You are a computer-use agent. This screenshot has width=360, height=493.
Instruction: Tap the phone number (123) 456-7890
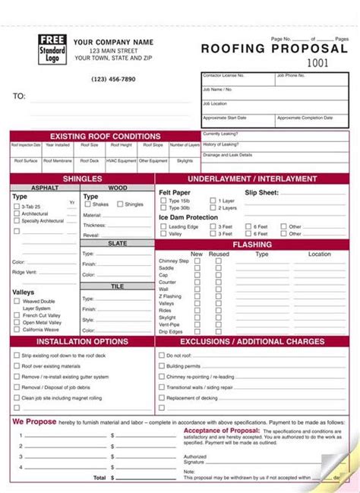click(x=114, y=79)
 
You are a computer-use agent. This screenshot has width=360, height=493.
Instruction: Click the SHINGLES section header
click(x=82, y=179)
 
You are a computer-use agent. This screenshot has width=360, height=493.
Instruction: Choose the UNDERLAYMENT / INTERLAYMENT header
click(x=251, y=179)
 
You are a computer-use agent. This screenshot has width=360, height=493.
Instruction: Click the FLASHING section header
click(x=251, y=245)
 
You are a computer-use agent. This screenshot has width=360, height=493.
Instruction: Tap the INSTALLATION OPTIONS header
click(x=82, y=342)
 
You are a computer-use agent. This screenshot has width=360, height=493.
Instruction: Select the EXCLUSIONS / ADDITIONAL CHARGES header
click(x=251, y=342)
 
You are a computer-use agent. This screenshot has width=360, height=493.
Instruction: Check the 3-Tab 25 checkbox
click(x=16, y=207)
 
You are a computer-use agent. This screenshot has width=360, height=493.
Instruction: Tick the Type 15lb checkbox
click(x=163, y=201)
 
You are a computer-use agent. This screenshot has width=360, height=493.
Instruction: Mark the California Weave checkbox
click(x=16, y=330)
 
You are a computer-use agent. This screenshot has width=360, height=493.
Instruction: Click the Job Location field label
click(x=215, y=103)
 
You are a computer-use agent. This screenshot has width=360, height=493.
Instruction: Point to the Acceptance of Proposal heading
click(x=216, y=430)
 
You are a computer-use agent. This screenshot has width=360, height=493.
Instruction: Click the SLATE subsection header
click(x=117, y=243)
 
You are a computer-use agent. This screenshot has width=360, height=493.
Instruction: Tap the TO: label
click(x=20, y=96)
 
